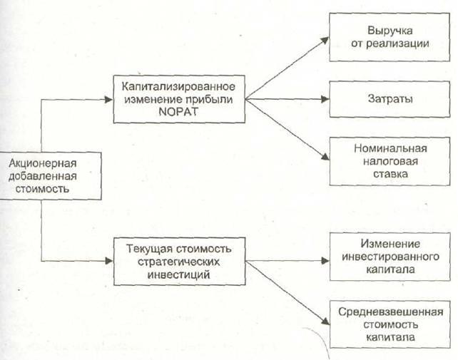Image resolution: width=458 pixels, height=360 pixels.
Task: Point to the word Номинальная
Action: pos(390,149)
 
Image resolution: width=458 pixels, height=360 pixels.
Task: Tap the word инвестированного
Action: pos(390,257)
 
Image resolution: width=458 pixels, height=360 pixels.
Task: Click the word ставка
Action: pos(390,173)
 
